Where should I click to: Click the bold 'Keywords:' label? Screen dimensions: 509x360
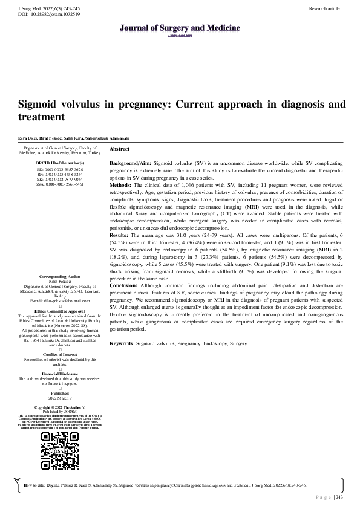pyautogui.click(x=122, y=326)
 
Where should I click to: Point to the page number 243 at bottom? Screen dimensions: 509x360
pyautogui.click(x=339, y=497)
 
